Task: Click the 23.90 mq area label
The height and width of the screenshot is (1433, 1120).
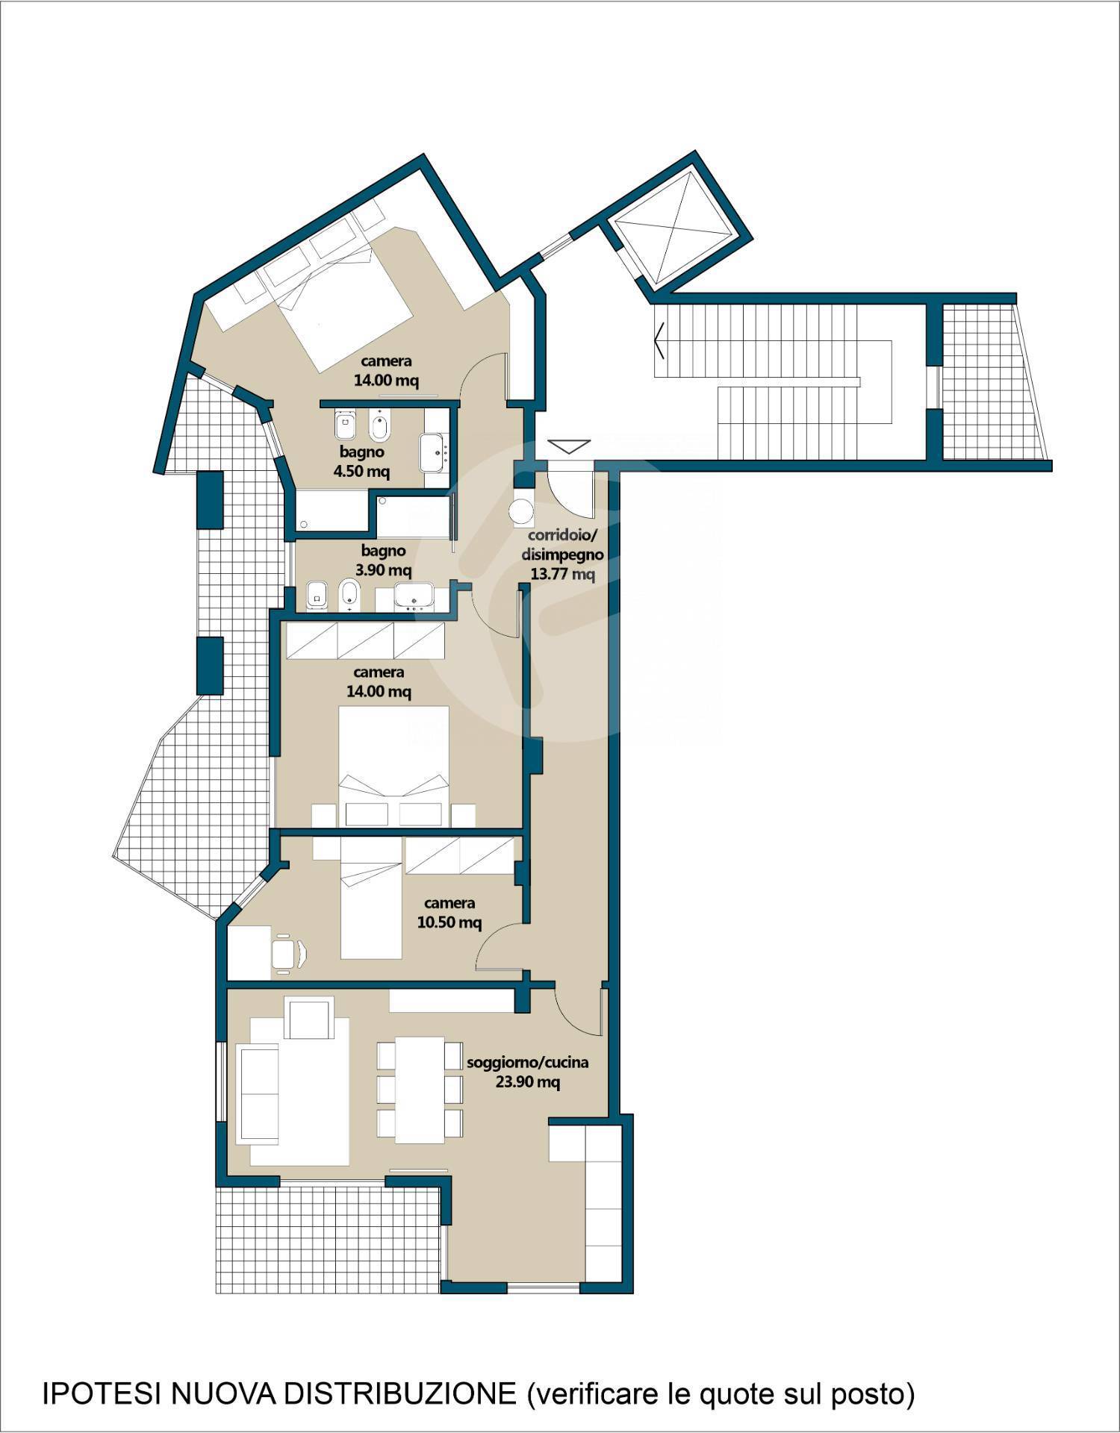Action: click(x=528, y=1081)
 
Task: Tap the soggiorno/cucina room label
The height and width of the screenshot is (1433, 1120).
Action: click(x=528, y=1062)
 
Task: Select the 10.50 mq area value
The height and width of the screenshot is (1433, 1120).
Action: click(x=449, y=922)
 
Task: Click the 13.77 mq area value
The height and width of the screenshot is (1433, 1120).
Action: click(x=563, y=574)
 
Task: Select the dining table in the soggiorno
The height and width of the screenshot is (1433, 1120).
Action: click(x=420, y=1089)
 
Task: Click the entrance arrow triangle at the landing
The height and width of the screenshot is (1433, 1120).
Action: click(x=569, y=446)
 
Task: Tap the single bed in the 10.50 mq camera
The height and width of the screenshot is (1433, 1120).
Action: click(x=372, y=898)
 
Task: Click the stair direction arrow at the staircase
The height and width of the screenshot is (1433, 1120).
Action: click(x=660, y=341)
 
